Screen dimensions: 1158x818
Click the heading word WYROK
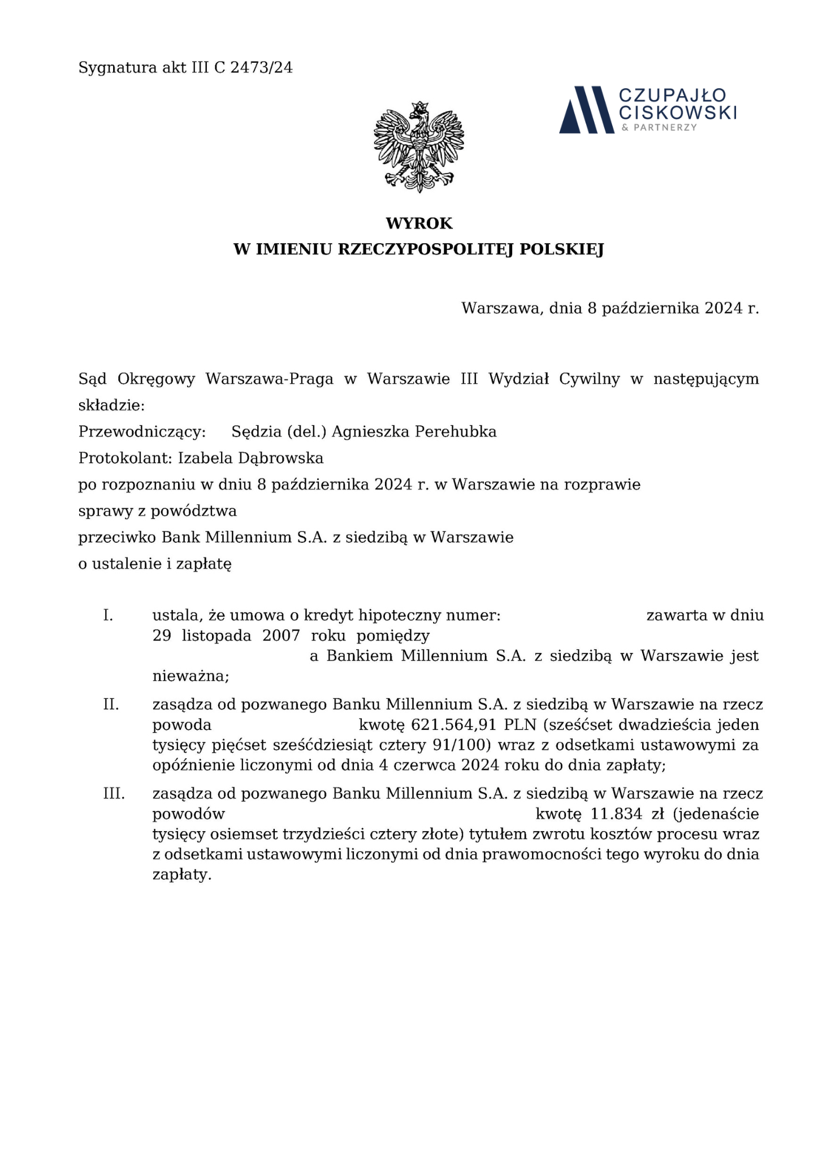419,223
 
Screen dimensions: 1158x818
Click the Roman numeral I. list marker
108,615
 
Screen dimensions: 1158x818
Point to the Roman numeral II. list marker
111,705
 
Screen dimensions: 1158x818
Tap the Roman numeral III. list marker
113,794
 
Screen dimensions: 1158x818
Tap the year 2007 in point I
281,636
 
